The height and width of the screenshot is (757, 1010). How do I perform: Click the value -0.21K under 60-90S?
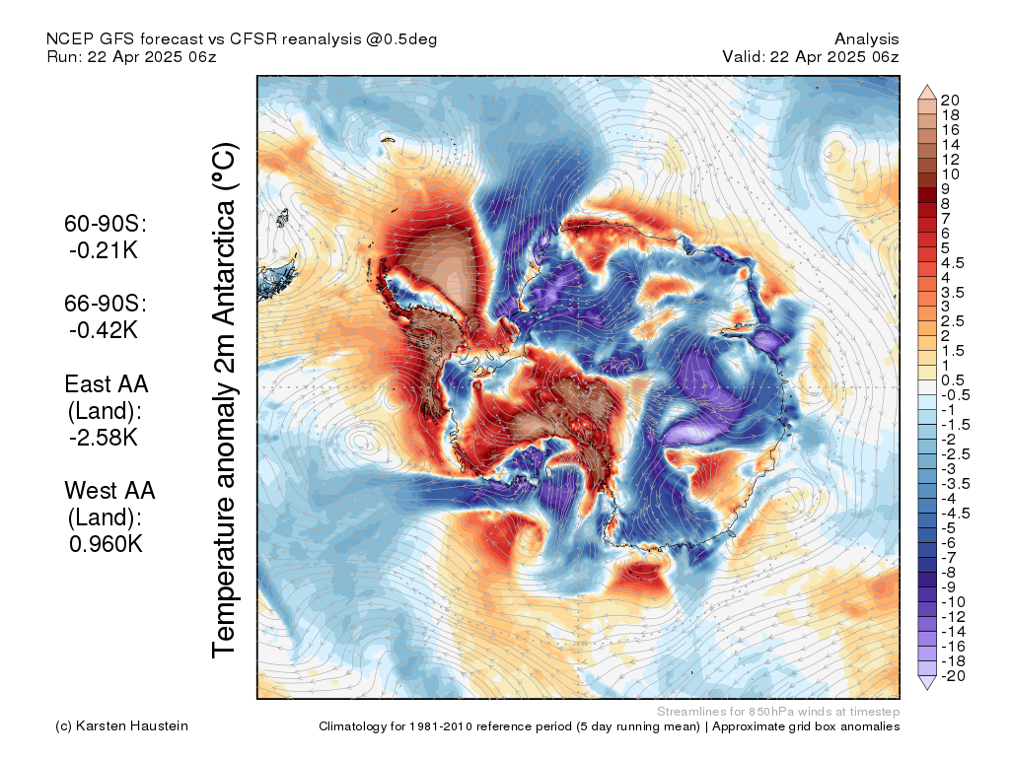pos(104,250)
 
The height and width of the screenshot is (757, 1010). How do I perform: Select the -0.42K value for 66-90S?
pos(104,330)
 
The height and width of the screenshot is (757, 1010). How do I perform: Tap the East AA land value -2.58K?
pos(104,437)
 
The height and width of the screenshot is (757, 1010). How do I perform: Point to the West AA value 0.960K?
pos(106,544)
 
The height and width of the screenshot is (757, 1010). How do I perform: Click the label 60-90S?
pos(106,224)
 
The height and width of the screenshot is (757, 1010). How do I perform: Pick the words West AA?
pos(109,491)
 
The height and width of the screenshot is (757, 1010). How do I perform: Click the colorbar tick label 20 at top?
pos(950,101)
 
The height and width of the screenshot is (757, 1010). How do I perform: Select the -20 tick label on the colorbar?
pos(953,676)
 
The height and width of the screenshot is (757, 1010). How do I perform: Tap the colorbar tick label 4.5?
pos(953,263)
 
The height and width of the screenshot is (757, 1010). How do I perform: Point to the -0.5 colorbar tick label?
pos(955,395)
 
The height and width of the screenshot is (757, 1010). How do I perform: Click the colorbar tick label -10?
pos(953,602)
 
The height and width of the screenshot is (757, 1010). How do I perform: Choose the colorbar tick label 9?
pos(945,189)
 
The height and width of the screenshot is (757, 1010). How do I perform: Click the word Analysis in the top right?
pos(866,39)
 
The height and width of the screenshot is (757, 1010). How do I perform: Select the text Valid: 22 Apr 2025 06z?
pos(811,56)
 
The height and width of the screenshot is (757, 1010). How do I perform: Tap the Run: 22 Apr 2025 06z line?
pos(131,56)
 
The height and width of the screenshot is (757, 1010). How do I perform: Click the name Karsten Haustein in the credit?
pos(132,726)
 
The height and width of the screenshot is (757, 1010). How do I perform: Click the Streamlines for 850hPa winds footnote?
pos(778,712)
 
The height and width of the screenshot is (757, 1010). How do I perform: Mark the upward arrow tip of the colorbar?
pos(927,85)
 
